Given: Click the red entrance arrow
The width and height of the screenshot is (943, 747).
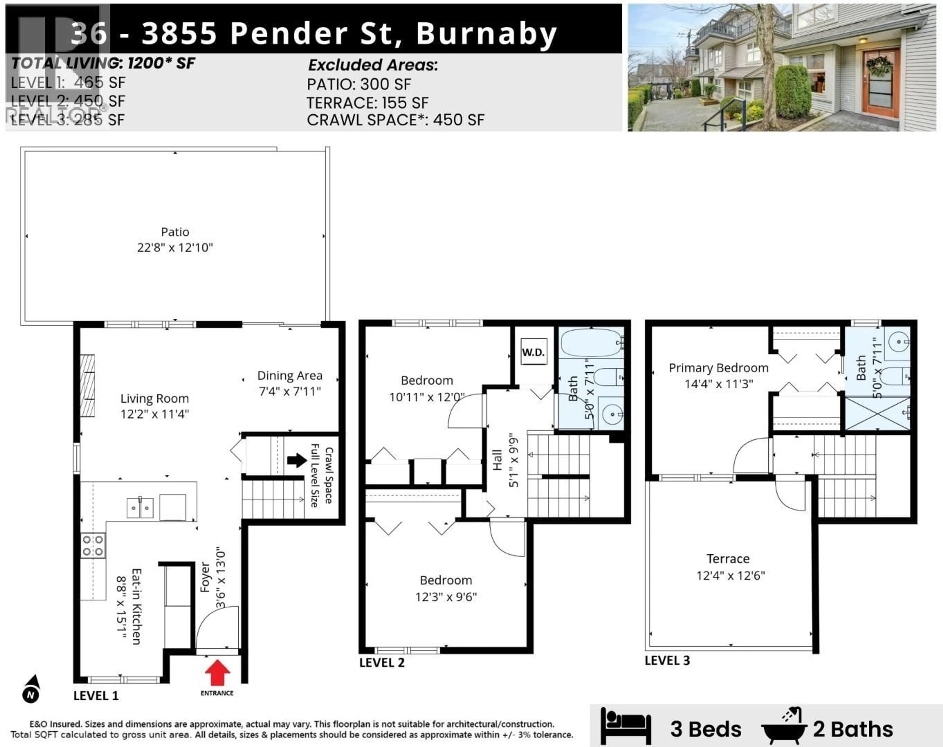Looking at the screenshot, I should (x=217, y=672).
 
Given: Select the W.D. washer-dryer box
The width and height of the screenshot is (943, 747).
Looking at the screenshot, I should (x=533, y=352).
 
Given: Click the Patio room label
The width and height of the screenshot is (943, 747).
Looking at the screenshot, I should (x=175, y=232).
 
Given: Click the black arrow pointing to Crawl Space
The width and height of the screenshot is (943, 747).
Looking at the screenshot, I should (x=297, y=460).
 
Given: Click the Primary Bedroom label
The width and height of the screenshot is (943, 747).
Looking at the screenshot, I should (x=718, y=368).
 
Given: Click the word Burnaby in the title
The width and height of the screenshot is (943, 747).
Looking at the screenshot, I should (x=486, y=34).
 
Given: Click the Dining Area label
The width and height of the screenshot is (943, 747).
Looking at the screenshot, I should (x=290, y=376).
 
